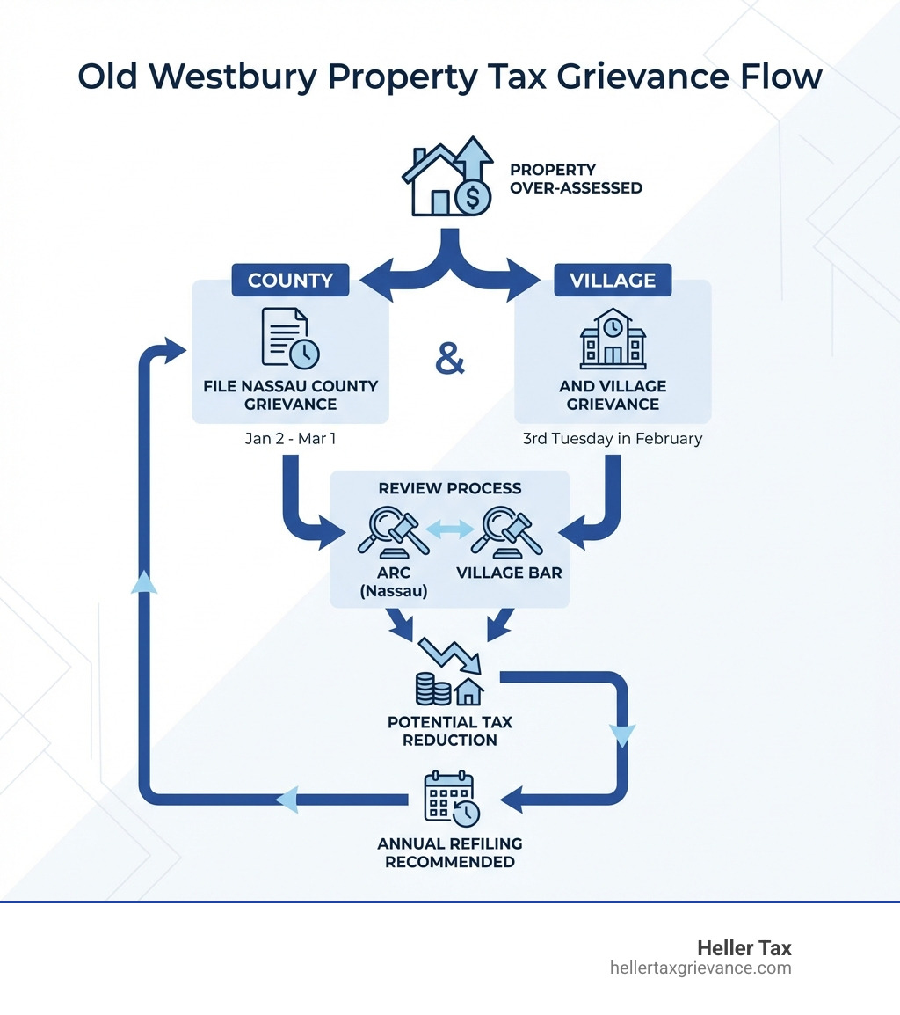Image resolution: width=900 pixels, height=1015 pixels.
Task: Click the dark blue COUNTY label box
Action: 290,281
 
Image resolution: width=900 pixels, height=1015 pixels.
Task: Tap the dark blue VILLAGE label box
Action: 613,281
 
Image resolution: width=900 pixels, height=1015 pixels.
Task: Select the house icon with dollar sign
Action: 447,178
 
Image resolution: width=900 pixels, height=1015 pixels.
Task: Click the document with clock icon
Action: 290,338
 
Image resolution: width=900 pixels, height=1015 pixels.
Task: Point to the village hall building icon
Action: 613,339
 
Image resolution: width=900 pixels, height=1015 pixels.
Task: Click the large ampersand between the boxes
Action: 450,360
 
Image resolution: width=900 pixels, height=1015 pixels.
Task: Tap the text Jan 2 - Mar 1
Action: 290,438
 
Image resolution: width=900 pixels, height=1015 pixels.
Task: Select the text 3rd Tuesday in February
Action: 613,438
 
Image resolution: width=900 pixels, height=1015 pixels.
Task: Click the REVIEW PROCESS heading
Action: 449,488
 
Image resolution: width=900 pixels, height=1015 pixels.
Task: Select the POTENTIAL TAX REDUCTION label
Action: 449,731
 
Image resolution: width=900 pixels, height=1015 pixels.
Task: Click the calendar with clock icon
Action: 450,797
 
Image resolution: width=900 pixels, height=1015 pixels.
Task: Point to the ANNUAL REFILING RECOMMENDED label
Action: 449,852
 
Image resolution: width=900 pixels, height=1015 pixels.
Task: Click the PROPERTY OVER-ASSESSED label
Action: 576,179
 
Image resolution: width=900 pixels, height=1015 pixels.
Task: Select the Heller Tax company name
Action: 744,948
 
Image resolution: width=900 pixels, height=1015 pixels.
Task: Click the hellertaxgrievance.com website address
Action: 700,968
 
